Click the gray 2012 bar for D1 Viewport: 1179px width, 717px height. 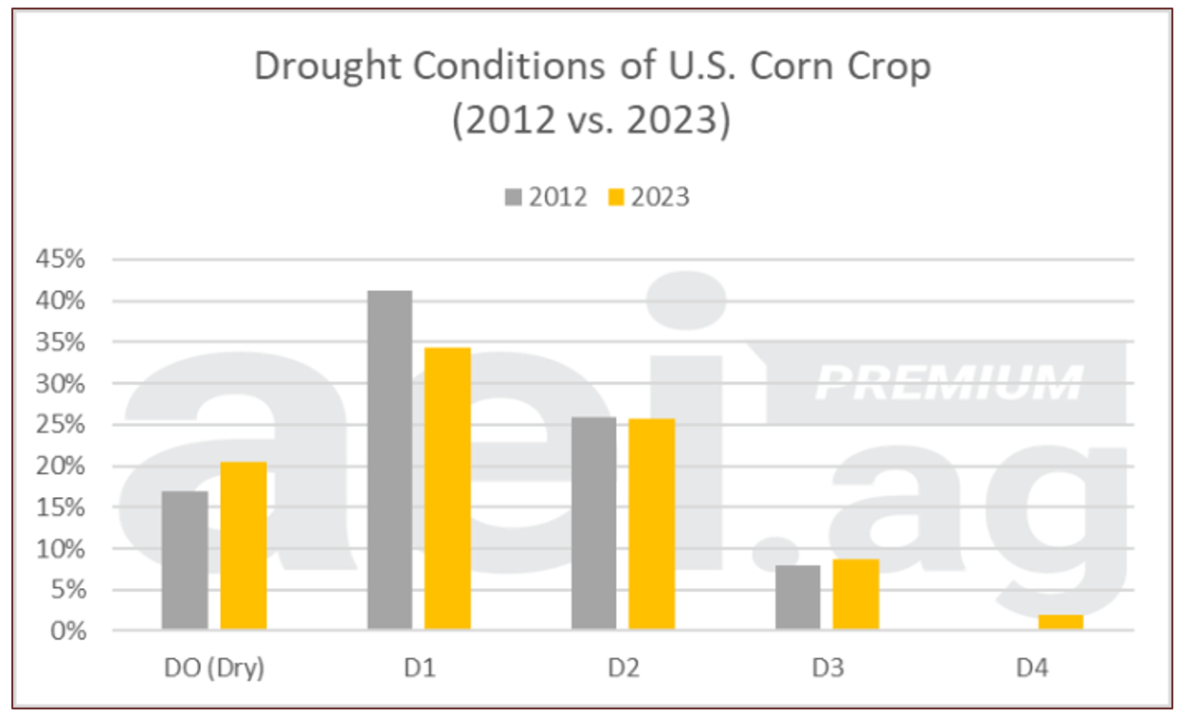point(390,460)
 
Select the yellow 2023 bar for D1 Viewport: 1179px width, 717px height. point(447,488)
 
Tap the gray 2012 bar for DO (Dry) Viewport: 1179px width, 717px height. point(185,560)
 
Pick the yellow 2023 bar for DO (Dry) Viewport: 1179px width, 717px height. point(244,545)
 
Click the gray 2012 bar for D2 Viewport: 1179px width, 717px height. point(593,523)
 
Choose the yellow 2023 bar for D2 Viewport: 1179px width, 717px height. point(652,524)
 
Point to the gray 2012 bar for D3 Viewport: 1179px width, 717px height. point(797,597)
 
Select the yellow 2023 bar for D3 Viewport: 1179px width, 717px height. point(856,594)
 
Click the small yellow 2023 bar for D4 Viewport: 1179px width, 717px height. point(1060,622)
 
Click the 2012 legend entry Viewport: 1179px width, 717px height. point(547,197)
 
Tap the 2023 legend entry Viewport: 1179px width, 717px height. point(648,197)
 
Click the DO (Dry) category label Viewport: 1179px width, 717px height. point(214,668)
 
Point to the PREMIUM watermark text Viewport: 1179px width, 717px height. point(948,383)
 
